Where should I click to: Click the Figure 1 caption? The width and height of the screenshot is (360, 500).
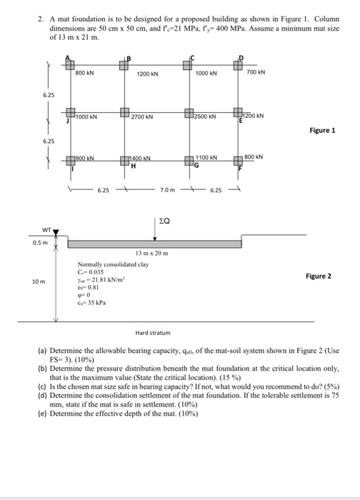tap(322, 131)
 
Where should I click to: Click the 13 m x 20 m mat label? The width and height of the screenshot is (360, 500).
tap(151, 254)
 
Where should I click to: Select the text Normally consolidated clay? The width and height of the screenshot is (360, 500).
tap(109, 264)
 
